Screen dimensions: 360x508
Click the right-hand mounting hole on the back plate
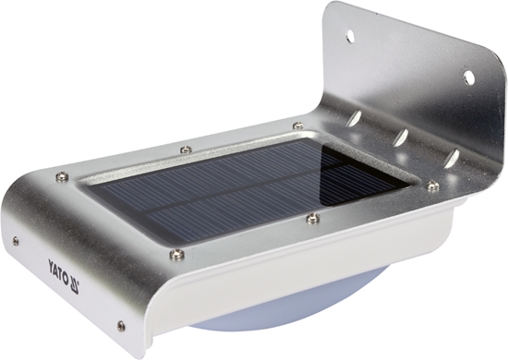click(x=468, y=77)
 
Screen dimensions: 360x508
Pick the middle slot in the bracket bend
click(x=400, y=138)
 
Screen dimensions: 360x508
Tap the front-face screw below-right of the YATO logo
click(x=120, y=325)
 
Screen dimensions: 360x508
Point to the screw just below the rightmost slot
click(x=431, y=186)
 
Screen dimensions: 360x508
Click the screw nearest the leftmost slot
click(x=297, y=126)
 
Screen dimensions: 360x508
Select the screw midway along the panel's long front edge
click(x=313, y=218)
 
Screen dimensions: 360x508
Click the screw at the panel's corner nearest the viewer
click(x=176, y=255)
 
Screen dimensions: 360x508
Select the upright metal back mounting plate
click(x=416, y=83)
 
